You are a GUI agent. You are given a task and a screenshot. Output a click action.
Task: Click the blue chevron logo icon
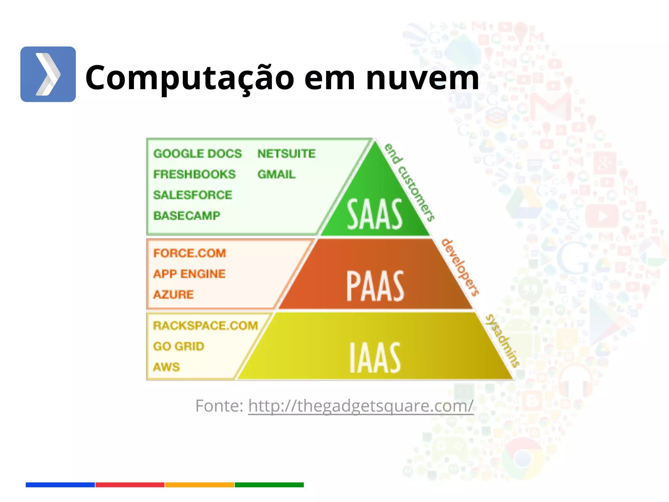click(x=48, y=74)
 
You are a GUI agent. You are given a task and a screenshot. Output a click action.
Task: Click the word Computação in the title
click(x=190, y=78)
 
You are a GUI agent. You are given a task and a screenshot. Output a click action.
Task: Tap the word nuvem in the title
click(x=422, y=78)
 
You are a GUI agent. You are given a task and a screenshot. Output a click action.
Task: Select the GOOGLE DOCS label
click(x=198, y=154)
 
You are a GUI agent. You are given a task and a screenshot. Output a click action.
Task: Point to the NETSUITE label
click(x=286, y=154)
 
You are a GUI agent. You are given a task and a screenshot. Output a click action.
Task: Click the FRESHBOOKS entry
click(x=194, y=174)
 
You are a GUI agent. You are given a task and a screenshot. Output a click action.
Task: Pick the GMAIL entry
click(x=276, y=174)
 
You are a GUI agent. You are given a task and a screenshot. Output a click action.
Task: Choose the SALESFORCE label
click(x=193, y=195)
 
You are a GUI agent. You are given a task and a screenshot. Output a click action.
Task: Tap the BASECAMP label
click(x=187, y=216)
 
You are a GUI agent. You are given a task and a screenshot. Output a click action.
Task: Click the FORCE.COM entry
click(x=189, y=253)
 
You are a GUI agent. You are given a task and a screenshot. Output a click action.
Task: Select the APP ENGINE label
click(x=189, y=274)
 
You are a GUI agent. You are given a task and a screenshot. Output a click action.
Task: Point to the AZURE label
click(x=173, y=294)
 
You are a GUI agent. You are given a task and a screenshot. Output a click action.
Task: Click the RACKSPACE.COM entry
click(x=205, y=326)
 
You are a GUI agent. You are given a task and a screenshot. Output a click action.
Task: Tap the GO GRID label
click(x=179, y=346)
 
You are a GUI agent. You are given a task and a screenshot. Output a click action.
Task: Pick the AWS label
click(x=167, y=367)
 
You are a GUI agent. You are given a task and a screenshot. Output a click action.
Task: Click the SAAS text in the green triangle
click(x=374, y=214)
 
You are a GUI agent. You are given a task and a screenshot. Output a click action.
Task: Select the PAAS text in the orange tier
click(x=375, y=286)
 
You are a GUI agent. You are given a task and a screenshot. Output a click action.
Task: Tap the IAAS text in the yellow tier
click(x=375, y=358)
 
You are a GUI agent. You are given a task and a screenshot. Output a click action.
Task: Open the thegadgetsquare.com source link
click(x=361, y=406)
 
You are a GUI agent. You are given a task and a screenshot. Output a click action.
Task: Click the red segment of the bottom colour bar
click(x=130, y=485)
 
